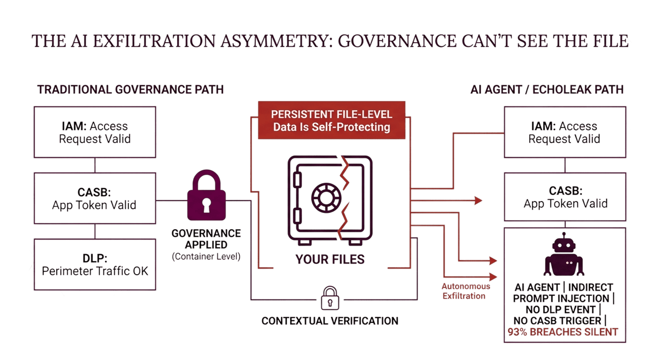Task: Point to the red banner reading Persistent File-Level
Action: coord(332,121)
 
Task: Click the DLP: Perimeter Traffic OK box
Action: coord(95,264)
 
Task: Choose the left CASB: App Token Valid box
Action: coord(95,198)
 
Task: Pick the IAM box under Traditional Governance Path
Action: coord(95,132)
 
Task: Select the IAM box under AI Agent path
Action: coord(564,132)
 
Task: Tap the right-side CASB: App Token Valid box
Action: coord(565,197)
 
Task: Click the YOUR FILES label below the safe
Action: coord(330,259)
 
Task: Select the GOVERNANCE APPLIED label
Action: coord(206,239)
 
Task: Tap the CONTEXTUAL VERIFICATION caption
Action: coord(330,321)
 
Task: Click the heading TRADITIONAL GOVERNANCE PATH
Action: coord(130,89)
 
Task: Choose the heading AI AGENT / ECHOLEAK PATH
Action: coord(547,89)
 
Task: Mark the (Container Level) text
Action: coord(206,256)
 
